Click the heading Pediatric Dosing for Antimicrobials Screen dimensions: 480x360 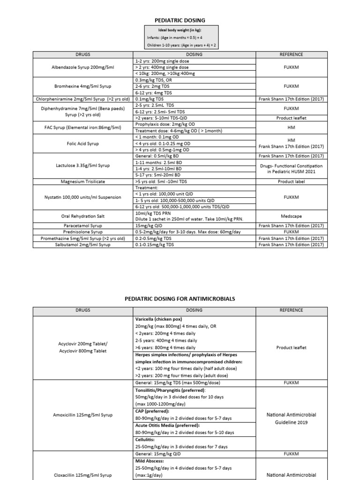click(180, 299)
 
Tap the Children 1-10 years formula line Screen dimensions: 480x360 click(181, 45)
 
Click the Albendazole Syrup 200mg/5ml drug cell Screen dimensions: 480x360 click(82, 67)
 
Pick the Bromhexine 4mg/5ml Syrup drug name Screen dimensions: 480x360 click(82, 86)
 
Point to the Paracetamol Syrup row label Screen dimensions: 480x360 click(82, 225)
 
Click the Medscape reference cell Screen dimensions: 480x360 click(291, 217)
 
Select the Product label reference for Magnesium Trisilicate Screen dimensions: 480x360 click(291, 181)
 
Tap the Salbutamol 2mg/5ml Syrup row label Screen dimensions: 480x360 click(82, 244)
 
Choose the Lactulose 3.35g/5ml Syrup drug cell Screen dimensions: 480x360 click(82, 165)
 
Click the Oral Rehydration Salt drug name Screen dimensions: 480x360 click(82, 216)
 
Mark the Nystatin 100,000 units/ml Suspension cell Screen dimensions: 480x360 click(82, 197)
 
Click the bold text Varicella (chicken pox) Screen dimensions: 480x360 click(159, 319)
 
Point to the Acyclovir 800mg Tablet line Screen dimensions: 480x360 click(82, 351)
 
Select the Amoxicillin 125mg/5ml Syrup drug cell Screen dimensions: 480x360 click(82, 414)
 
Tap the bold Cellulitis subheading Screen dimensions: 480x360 click(146, 440)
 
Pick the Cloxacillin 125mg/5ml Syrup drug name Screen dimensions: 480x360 click(82, 475)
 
